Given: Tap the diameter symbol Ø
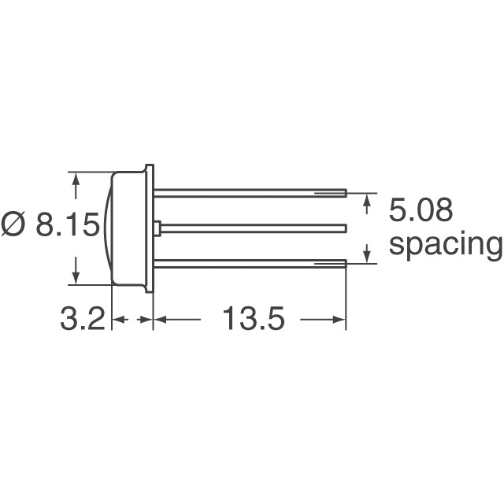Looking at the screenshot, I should point(15,226).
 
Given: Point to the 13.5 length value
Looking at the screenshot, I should point(252,320).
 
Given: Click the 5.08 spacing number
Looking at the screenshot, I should point(421,212).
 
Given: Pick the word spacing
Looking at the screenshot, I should point(446,245).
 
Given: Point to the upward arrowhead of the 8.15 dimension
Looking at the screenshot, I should point(76,180).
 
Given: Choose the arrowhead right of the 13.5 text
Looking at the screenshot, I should point(341,320).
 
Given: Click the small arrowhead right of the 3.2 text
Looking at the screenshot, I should point(146,320).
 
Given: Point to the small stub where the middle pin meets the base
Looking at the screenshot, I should point(158,228).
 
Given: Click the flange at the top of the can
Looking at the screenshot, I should point(149,168).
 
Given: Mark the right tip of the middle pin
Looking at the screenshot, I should point(345,228).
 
